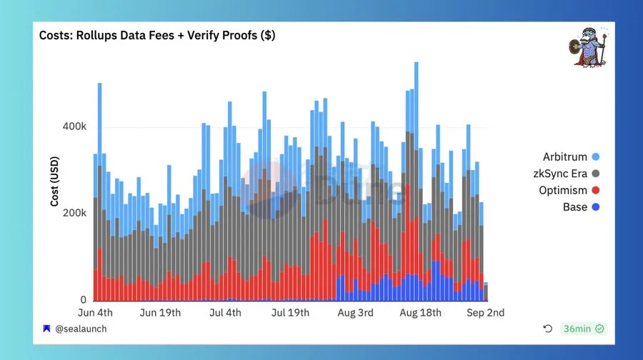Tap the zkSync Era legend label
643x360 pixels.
tap(560, 174)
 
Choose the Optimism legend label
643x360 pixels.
tap(563, 191)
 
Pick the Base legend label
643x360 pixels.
tap(574, 207)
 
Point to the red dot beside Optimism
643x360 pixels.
tap(595, 191)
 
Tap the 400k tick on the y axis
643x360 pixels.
tap(75, 126)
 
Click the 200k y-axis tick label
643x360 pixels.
tap(75, 213)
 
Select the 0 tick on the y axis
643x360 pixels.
tap(83, 300)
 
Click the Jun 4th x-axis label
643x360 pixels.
tap(95, 313)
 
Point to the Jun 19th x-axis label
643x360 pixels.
tap(161, 313)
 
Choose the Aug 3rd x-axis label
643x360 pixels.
tap(354, 313)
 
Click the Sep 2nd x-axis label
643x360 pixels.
tap(486, 313)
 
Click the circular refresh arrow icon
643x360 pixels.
tap(547, 329)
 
